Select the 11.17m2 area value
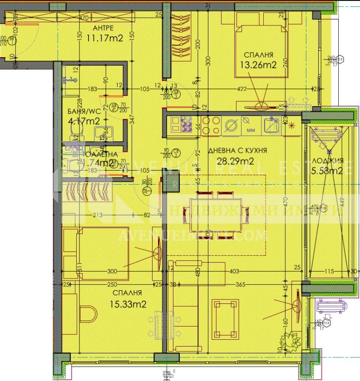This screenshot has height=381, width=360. click(105, 38)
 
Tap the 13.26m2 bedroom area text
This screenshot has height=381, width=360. click(258, 65)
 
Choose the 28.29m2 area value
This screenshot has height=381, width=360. click(234, 161)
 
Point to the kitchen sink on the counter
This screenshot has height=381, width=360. click(272, 125)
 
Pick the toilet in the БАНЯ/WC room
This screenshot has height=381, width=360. click(75, 132)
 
